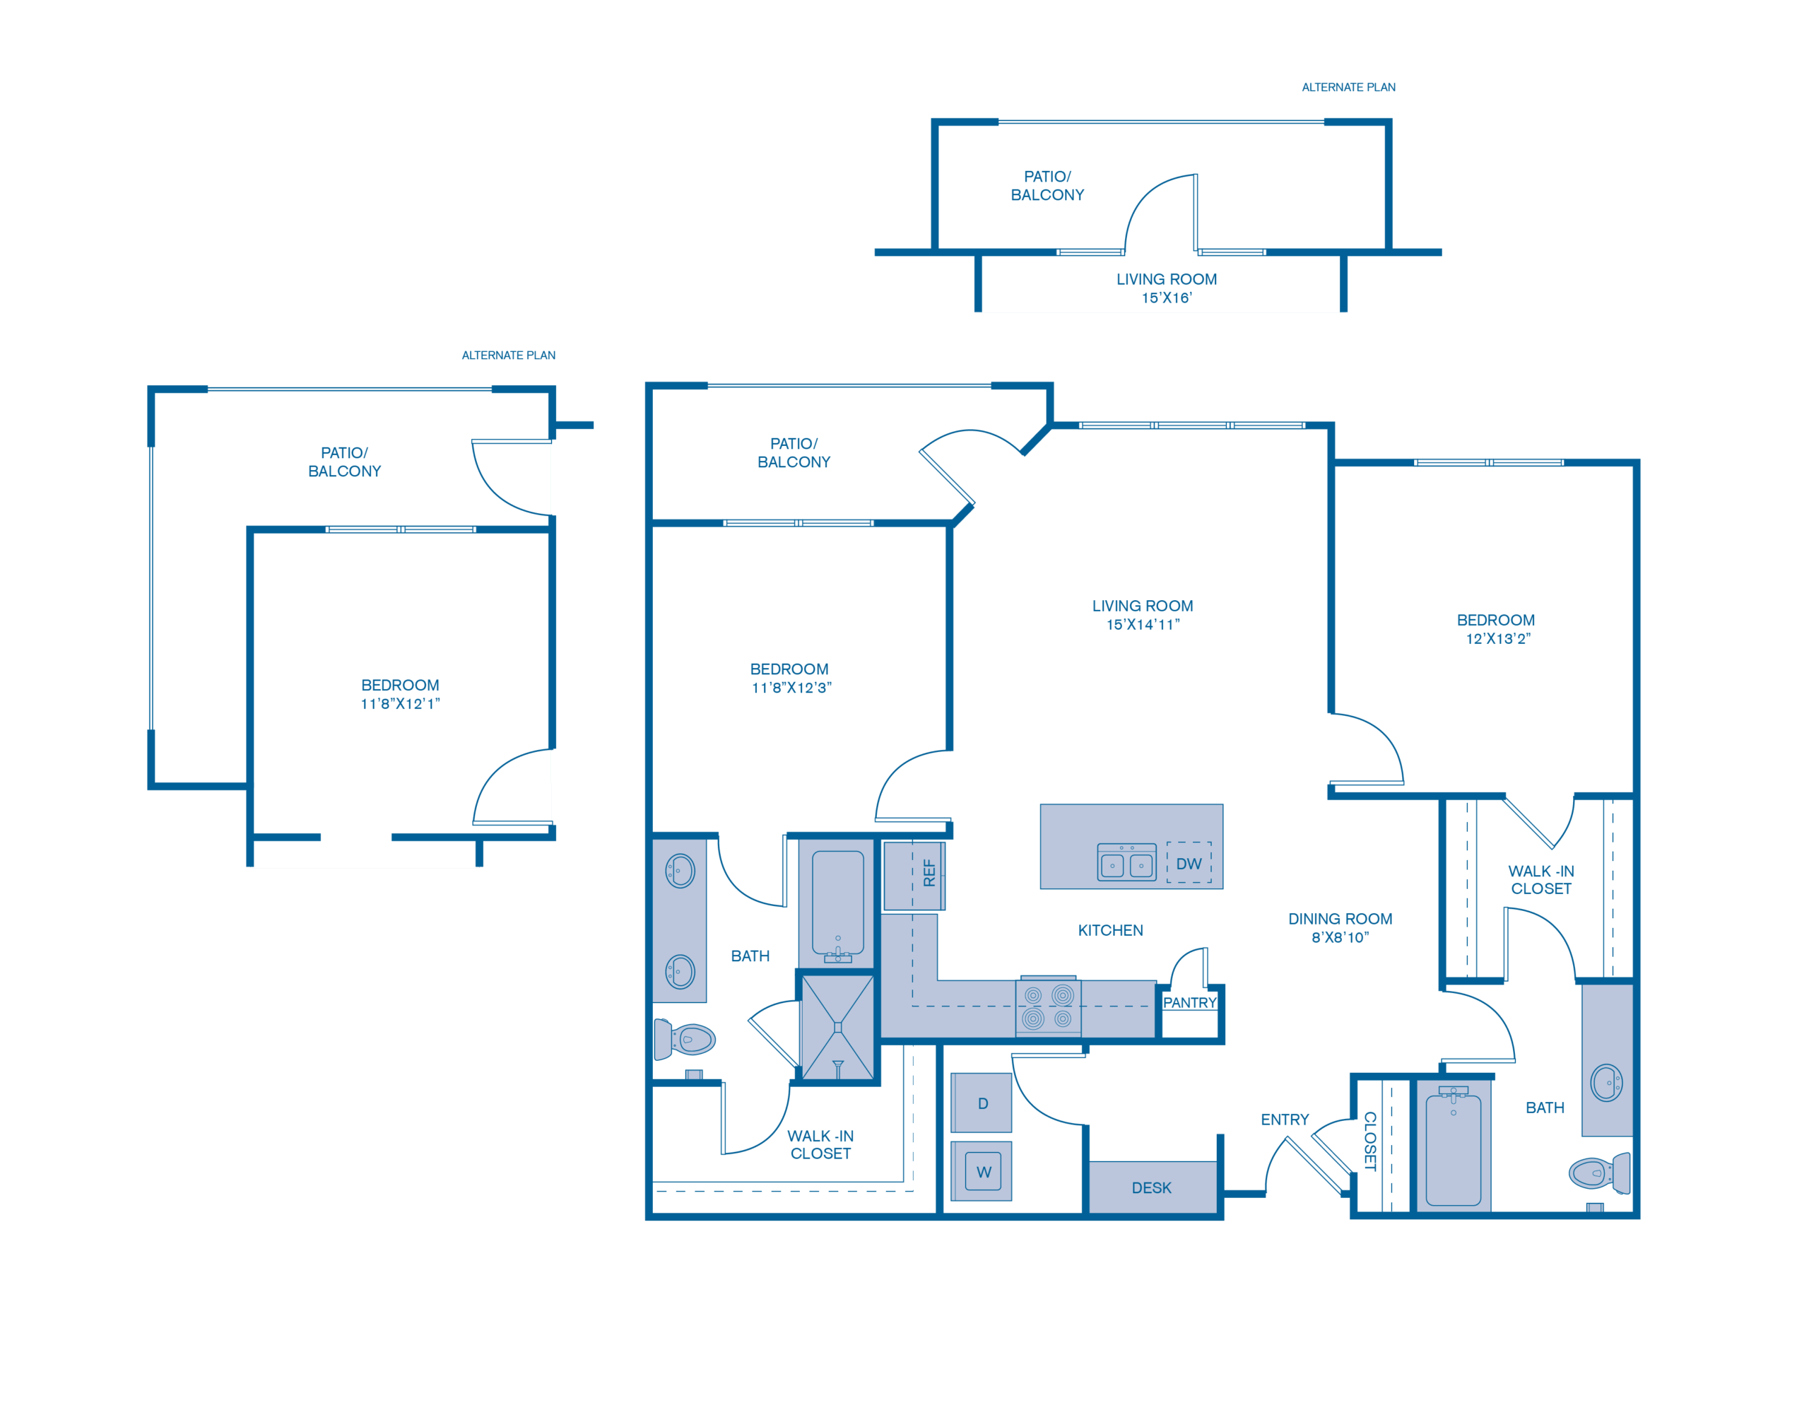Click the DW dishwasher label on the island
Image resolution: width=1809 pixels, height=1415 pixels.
coord(1189,863)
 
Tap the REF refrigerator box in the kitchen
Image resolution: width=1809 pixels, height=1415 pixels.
coord(914,875)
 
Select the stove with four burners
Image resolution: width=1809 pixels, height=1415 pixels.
coord(1049,1007)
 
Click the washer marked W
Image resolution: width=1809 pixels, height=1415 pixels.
coord(982,1170)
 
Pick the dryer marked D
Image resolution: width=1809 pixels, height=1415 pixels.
coord(982,1103)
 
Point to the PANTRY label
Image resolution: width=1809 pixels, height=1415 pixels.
coord(1189,1002)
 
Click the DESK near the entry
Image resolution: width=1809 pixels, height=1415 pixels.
coord(1151,1187)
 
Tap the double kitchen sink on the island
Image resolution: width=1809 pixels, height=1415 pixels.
coord(1126,863)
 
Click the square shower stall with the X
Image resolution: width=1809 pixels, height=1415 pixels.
coord(837,1027)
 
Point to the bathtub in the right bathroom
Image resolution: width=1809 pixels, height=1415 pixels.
coord(1453,1150)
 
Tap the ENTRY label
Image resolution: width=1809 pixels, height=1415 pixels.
coord(1285,1120)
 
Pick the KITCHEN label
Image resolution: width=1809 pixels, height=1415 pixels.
coord(1110,930)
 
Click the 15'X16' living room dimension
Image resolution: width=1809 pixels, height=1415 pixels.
coord(1166,298)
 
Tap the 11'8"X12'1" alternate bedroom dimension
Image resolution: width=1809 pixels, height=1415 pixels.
coord(400,704)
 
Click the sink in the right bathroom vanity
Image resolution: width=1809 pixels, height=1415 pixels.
coord(1606,1082)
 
